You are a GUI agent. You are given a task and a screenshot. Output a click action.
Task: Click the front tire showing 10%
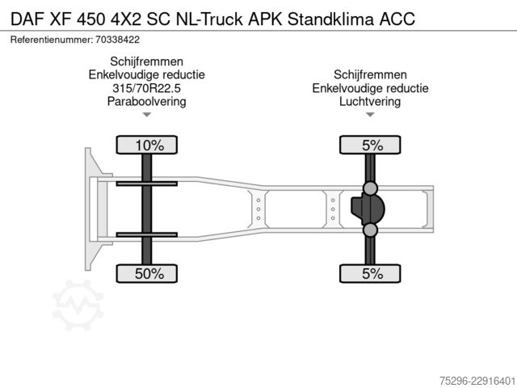[147, 145]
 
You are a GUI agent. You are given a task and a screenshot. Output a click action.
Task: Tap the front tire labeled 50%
[147, 273]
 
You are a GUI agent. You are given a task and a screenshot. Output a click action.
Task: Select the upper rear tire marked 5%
[370, 145]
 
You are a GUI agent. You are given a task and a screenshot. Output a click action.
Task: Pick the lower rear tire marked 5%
[370, 273]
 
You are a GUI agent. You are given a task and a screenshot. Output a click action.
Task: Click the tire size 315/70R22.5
[147, 88]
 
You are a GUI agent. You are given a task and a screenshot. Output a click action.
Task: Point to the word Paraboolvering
[147, 101]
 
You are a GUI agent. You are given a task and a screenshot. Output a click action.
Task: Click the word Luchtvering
[370, 101]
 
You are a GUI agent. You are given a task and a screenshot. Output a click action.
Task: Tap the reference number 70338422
[117, 40]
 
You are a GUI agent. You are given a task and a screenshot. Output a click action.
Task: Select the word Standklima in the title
[330, 19]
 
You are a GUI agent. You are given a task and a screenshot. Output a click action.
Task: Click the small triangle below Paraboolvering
[147, 115]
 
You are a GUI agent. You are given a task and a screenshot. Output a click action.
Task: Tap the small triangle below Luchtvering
[370, 115]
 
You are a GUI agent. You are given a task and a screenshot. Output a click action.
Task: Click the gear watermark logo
[78, 305]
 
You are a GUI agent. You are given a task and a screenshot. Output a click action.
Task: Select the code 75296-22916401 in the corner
[477, 381]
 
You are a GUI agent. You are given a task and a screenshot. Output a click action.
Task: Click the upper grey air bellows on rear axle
[370, 188]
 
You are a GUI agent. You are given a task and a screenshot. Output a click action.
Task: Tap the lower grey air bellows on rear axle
[370, 230]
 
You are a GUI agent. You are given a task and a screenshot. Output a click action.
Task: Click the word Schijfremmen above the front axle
[147, 61]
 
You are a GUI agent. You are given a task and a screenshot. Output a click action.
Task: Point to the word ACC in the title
[397, 19]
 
